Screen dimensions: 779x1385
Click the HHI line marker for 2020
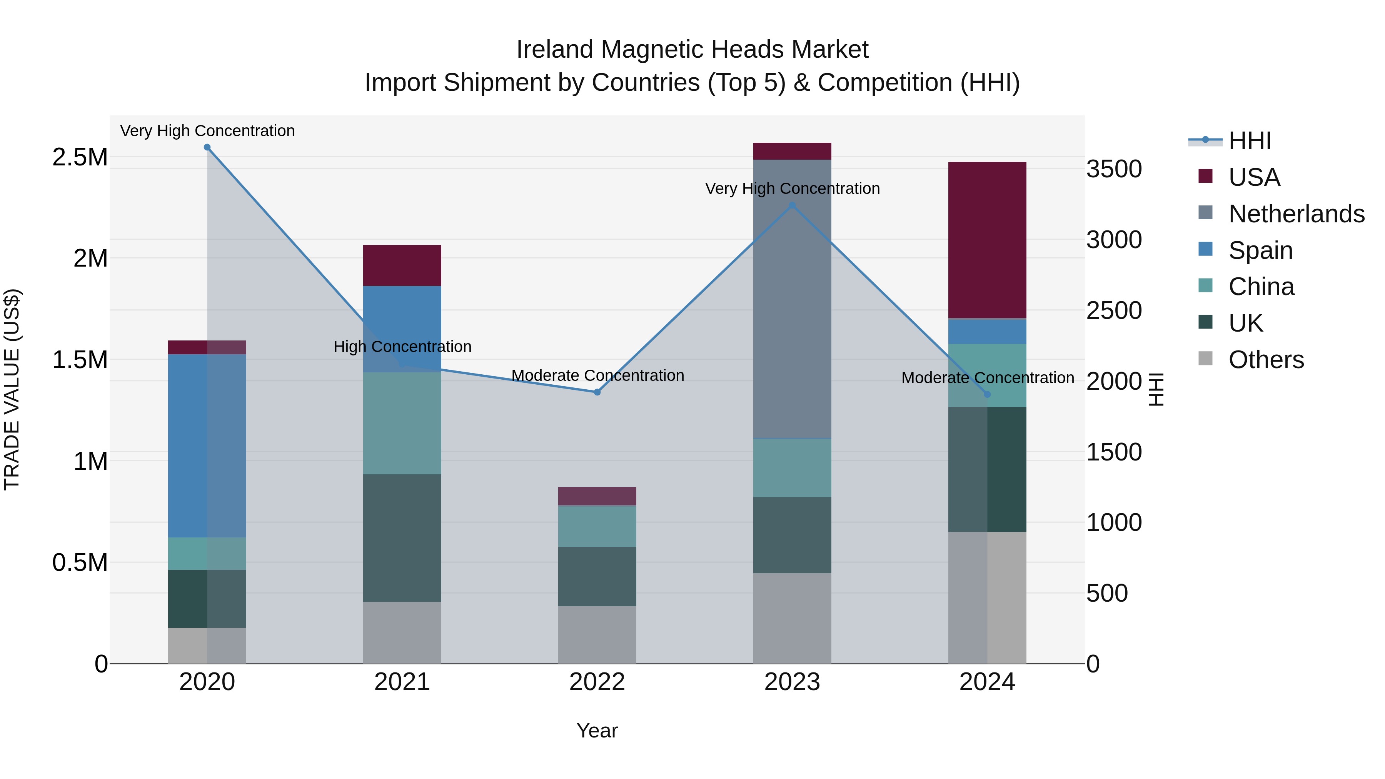(207, 147)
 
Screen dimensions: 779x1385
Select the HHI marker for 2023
(792, 205)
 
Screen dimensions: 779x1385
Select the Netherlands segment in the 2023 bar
(792, 299)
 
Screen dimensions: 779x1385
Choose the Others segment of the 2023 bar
(792, 618)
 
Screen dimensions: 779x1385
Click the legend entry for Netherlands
(1296, 214)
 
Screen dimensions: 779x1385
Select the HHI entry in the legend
(1250, 141)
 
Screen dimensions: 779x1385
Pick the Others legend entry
(1266, 360)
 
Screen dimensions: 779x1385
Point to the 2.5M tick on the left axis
(80, 157)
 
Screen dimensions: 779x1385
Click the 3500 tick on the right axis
(1114, 169)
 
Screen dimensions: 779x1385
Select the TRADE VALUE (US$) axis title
(12, 389)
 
